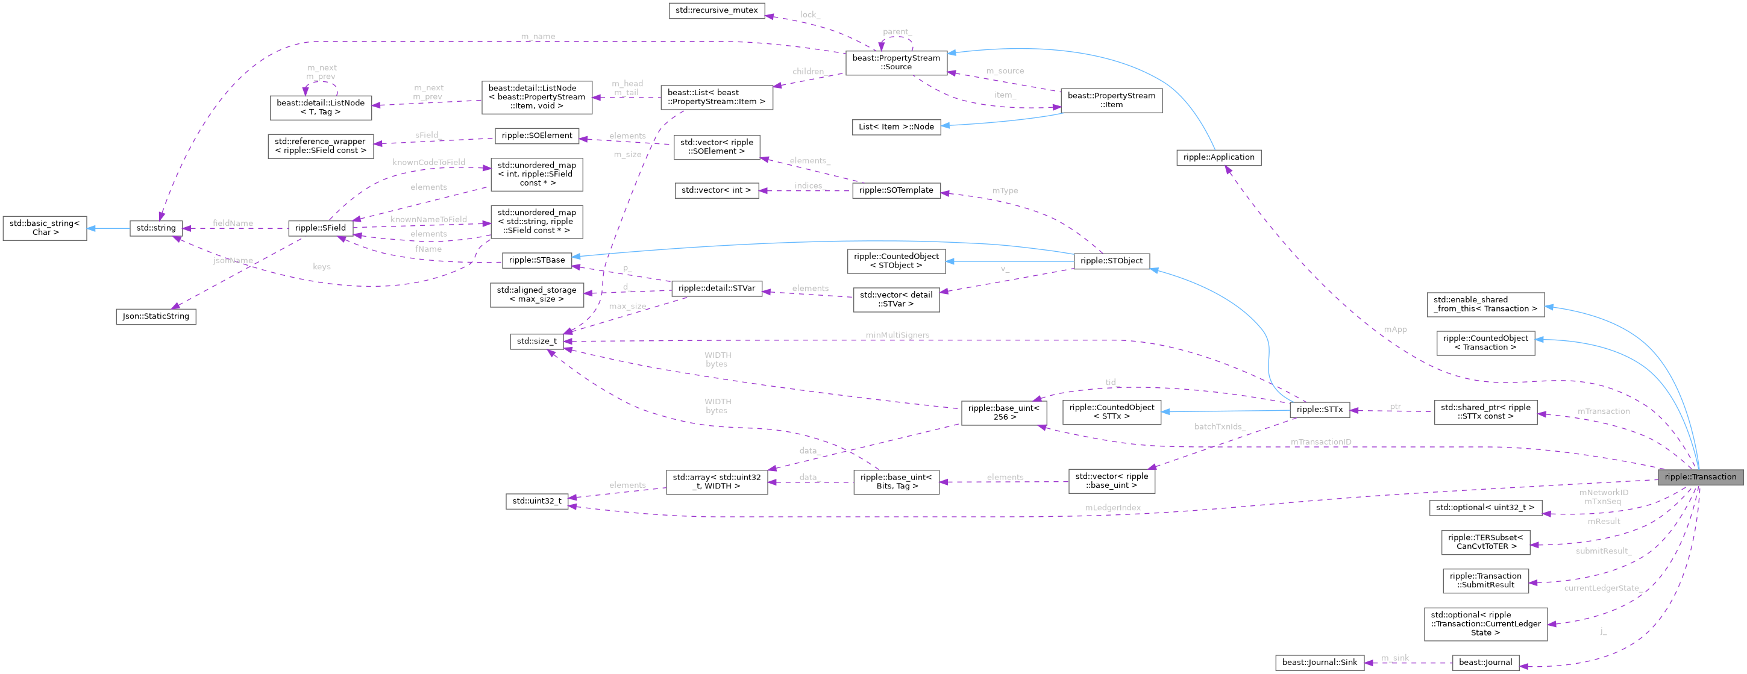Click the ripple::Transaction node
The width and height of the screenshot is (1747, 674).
pos(1699,476)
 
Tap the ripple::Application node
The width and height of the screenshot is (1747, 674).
pos(1218,157)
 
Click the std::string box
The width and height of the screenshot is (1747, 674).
pos(156,228)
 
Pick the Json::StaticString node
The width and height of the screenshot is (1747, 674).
pos(156,316)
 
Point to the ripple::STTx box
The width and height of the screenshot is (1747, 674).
pos(1319,410)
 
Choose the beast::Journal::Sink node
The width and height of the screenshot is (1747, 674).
pos(1319,663)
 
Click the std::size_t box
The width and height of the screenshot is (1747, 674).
pos(536,341)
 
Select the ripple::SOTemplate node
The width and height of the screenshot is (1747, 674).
pos(896,190)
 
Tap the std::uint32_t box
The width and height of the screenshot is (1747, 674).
pos(536,501)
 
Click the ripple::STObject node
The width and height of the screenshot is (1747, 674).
pos(1111,261)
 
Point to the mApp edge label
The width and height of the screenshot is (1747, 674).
pos(1395,329)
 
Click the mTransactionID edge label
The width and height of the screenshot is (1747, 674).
pos(1320,442)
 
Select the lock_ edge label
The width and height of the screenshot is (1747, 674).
pos(810,14)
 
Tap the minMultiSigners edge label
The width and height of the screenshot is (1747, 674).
pos(897,335)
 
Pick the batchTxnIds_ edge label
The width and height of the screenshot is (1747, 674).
pos(1219,426)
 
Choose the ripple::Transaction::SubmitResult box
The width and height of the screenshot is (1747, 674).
pos(1485,581)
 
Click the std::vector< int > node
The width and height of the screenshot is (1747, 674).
pos(716,190)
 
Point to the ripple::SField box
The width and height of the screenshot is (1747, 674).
pos(320,228)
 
